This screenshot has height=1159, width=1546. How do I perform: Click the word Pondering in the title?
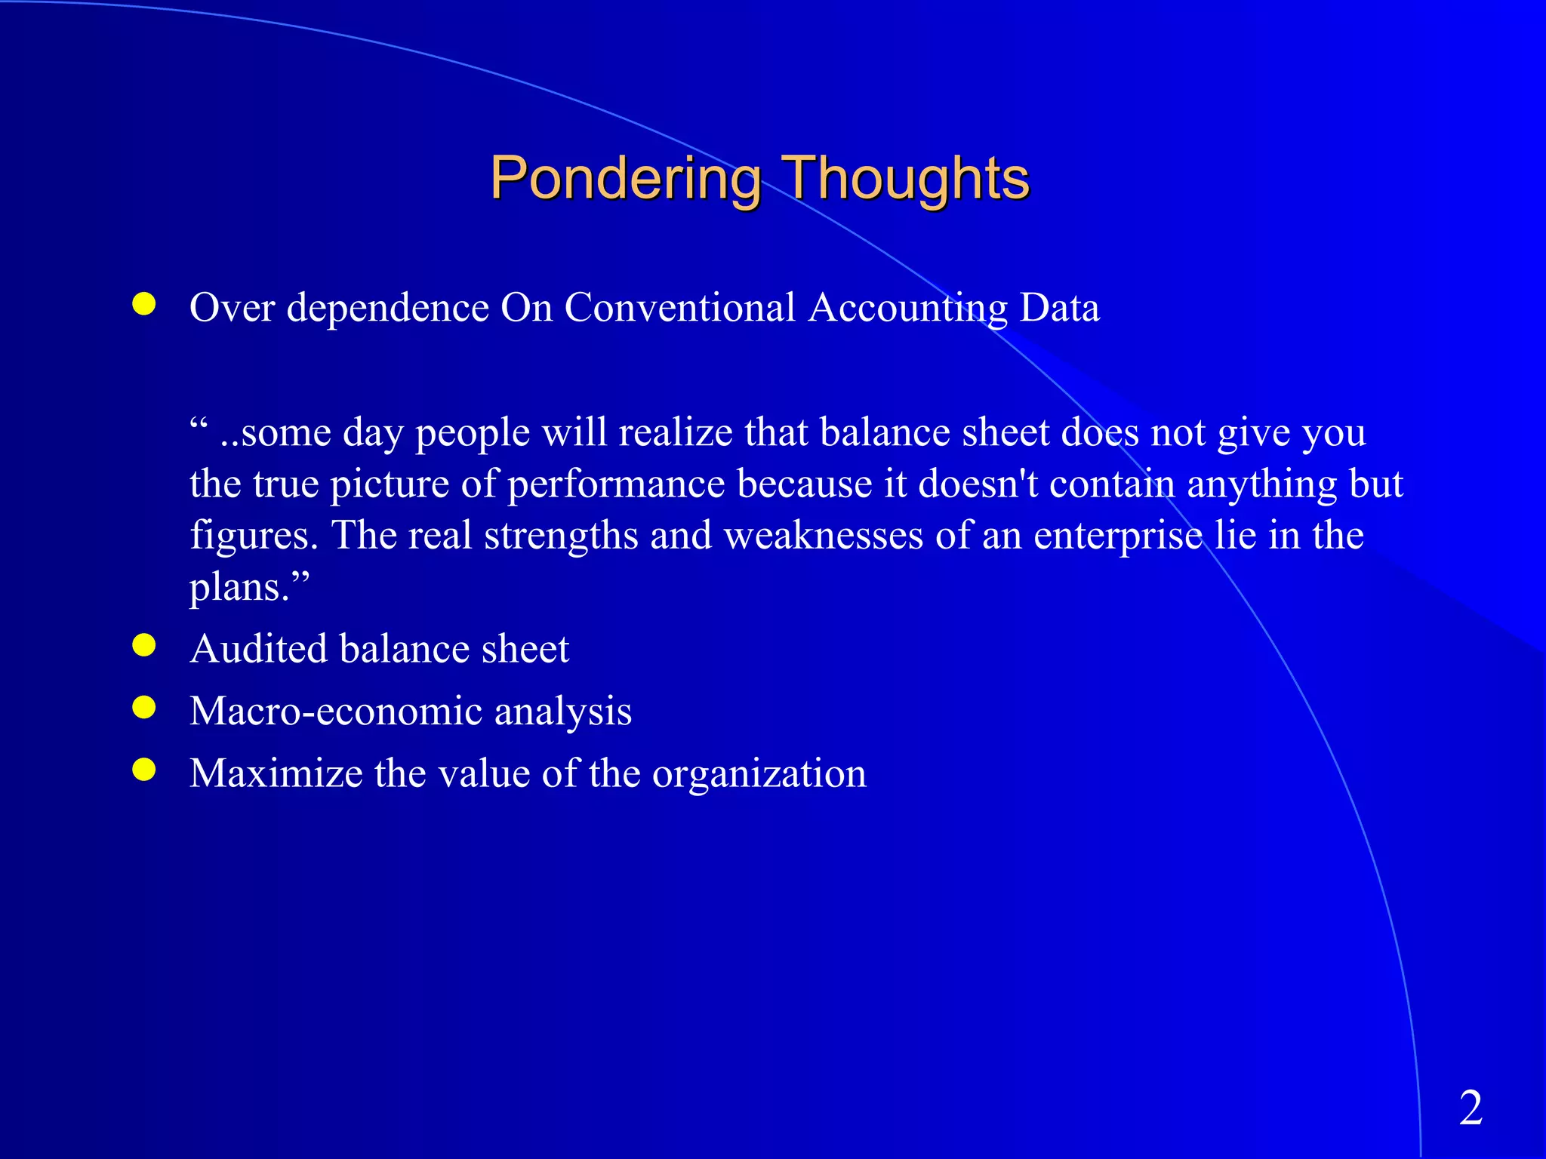[x=625, y=179]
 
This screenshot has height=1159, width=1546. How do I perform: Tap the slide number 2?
[x=1471, y=1108]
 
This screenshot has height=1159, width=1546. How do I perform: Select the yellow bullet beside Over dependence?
[x=143, y=304]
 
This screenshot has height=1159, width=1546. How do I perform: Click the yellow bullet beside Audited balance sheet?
[x=143, y=645]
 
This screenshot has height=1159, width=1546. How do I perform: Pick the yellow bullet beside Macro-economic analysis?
[x=143, y=707]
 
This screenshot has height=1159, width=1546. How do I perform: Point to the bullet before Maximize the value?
[x=143, y=770]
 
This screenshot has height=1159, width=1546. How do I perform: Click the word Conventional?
[x=679, y=308]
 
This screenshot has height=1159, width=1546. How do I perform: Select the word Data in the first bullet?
[x=1059, y=308]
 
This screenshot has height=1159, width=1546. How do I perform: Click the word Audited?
[x=258, y=649]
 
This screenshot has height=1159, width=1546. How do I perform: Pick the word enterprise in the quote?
[x=1117, y=536]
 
